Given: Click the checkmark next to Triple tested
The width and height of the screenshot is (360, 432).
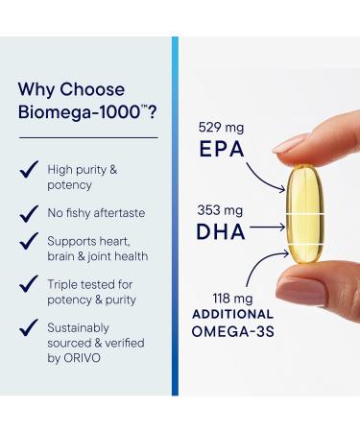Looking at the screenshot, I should tap(30, 285).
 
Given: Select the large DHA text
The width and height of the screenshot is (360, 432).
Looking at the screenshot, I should tap(221, 230).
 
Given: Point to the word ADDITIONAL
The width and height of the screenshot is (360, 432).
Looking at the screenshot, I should tap(233, 314).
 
